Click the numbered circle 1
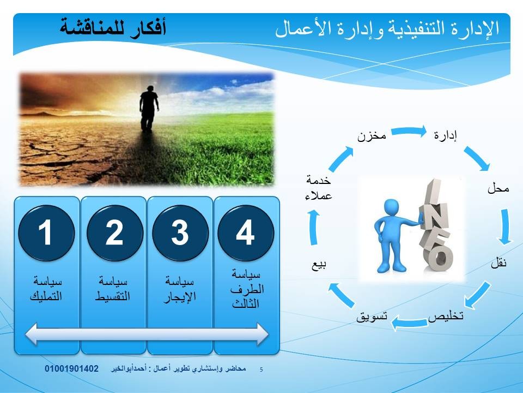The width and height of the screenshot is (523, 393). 46,233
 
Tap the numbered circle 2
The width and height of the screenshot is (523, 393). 115,233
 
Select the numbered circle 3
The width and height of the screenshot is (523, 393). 180,233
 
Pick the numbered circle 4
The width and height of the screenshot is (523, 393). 246,233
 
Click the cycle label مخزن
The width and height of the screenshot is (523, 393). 372,136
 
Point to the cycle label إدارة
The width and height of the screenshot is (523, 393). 445,135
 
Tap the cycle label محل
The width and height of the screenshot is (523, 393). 498,188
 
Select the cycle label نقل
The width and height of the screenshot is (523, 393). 499,263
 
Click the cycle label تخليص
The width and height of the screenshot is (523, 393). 446,316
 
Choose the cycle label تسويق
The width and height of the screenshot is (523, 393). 372,316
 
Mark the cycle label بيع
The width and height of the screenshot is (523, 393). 319,265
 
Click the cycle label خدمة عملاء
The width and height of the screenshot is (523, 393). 319,188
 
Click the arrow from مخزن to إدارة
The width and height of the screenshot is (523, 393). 409,132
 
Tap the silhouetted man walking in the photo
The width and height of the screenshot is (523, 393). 148,108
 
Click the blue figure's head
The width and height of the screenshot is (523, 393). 391,207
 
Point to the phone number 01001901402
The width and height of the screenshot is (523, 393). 72,368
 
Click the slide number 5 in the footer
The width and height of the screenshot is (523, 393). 261,370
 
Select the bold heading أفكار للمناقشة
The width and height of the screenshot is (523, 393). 113,27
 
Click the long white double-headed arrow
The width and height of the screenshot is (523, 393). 147,334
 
